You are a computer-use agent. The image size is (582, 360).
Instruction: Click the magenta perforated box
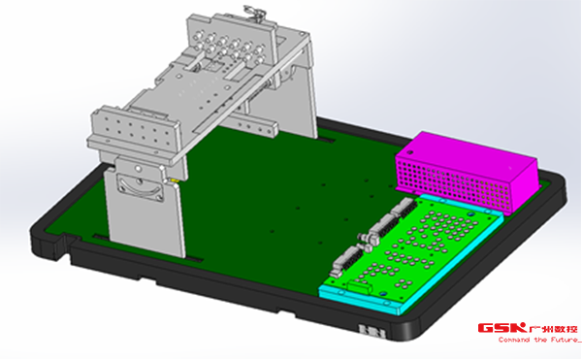point(467,171)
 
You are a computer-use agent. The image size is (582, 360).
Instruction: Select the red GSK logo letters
point(501,327)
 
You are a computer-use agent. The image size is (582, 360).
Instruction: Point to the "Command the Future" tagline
point(539,340)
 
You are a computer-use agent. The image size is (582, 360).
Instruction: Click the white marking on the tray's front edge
point(372,331)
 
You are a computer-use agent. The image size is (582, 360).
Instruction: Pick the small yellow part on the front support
point(173,180)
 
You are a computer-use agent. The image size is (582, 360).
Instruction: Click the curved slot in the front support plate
point(140,188)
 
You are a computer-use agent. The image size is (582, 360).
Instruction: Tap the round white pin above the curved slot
point(138,169)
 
